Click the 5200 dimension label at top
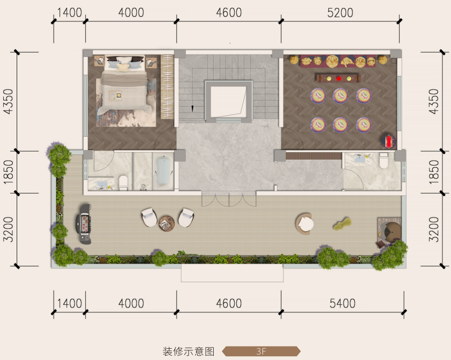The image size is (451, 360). click(x=340, y=13)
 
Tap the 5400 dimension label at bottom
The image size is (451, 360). click(x=342, y=303)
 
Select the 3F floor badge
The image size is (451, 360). click(x=261, y=351)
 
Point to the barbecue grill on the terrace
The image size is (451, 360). click(x=84, y=224)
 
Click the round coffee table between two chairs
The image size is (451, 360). click(x=167, y=223)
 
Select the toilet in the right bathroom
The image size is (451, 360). click(x=384, y=161)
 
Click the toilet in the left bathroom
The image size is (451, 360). click(x=123, y=183)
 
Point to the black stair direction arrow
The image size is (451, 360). click(x=192, y=109)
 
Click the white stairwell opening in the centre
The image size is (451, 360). click(x=228, y=102)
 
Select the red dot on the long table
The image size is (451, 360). click(x=339, y=78)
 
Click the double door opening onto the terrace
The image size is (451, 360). click(x=229, y=199)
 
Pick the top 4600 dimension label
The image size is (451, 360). click(x=229, y=13)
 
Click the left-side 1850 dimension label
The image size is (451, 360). click(x=9, y=172)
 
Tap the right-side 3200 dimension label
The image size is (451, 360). click(x=434, y=229)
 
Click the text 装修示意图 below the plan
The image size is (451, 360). click(x=189, y=351)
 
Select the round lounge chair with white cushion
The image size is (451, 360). click(x=305, y=224)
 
